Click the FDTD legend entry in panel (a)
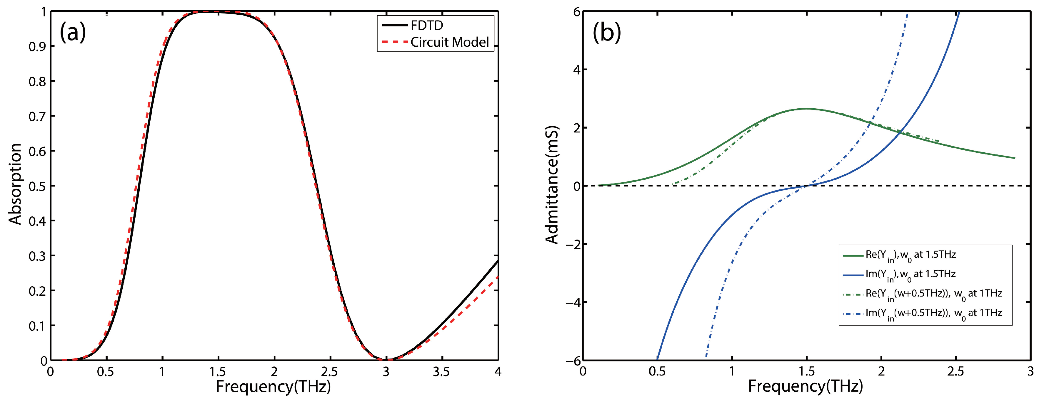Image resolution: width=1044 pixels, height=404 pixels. (426, 26)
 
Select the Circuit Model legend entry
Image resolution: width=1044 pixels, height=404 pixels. (449, 42)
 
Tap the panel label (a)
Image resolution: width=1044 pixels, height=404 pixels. (73, 32)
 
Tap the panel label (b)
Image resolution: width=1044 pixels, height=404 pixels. (607, 32)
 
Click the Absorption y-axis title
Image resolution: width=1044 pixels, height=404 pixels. (15, 184)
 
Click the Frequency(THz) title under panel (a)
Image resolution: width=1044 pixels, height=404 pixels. (273, 387)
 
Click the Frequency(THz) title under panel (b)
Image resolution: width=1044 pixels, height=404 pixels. (805, 387)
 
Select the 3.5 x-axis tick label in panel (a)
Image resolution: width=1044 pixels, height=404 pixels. (441, 372)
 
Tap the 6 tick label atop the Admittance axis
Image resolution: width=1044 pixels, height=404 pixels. (576, 12)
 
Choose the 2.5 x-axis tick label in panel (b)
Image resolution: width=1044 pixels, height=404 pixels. (956, 372)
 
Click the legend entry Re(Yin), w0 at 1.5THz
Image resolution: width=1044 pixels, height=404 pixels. (910, 255)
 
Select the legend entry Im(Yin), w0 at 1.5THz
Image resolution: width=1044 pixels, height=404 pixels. (910, 275)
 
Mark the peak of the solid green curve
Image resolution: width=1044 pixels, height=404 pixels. (806, 109)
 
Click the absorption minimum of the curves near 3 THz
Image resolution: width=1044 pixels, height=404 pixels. (386, 359)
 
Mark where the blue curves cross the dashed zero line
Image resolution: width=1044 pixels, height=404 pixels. (806, 186)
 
